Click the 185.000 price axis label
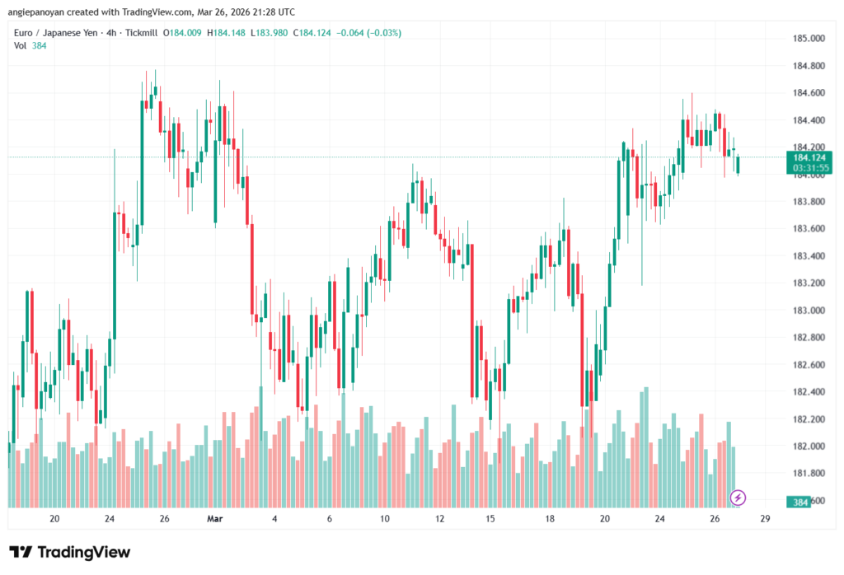pos(809,39)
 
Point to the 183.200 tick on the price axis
pos(809,283)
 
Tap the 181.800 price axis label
pos(809,474)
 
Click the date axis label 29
pos(766,519)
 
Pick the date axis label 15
pos(490,519)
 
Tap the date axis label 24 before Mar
pos(110,519)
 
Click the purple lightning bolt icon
pos(738,497)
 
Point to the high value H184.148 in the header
pos(226,33)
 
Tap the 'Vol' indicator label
pos(20,45)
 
